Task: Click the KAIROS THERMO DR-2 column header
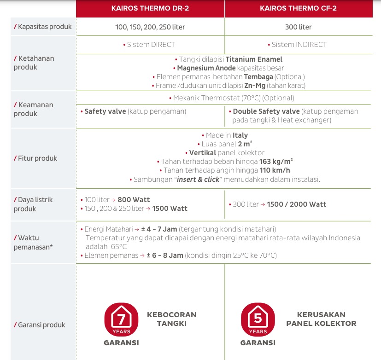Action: click(x=150, y=8)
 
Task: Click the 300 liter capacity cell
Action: click(x=298, y=27)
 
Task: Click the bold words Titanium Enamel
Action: click(x=254, y=59)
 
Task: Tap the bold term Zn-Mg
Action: click(x=254, y=86)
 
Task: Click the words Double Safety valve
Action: click(x=266, y=111)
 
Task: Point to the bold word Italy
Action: click(x=240, y=135)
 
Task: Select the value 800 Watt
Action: click(x=134, y=200)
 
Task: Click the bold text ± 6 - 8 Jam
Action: click(x=164, y=255)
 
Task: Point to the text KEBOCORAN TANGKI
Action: click(x=172, y=319)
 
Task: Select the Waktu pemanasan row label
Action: click(x=35, y=243)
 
